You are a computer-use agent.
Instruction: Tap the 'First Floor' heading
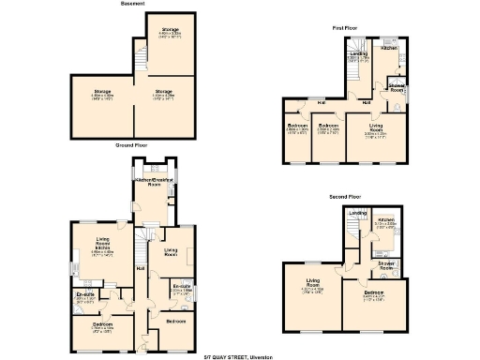[x=344, y=28]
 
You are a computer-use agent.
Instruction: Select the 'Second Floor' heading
[x=345, y=197]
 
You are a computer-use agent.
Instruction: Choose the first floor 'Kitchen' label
[x=390, y=47]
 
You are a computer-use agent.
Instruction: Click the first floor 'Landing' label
[x=358, y=54]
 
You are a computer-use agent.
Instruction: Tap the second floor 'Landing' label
[x=356, y=214]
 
